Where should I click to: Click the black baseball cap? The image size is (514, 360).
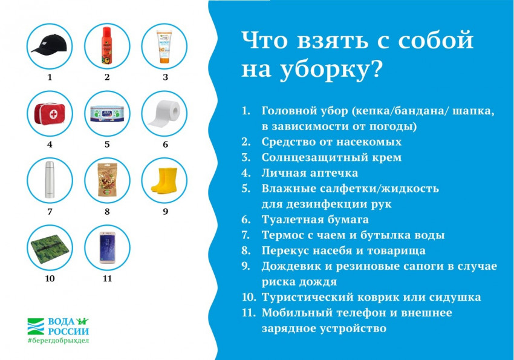49,44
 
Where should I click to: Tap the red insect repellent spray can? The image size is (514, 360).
107,45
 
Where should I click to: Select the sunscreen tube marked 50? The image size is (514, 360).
164,47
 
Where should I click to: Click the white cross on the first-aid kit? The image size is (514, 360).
53,114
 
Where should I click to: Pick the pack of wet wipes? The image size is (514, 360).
107,114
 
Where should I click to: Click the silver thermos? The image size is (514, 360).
50,180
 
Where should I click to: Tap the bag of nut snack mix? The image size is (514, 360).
107,180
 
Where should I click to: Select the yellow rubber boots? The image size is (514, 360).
164,180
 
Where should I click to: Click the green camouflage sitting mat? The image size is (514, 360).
49,249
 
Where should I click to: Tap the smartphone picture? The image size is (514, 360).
107,247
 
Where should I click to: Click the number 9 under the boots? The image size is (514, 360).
165,212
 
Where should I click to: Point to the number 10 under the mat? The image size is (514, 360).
50,278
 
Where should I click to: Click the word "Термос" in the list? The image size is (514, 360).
282,235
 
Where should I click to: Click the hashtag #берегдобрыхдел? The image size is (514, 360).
58,340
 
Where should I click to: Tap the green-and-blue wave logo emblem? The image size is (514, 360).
36,326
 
